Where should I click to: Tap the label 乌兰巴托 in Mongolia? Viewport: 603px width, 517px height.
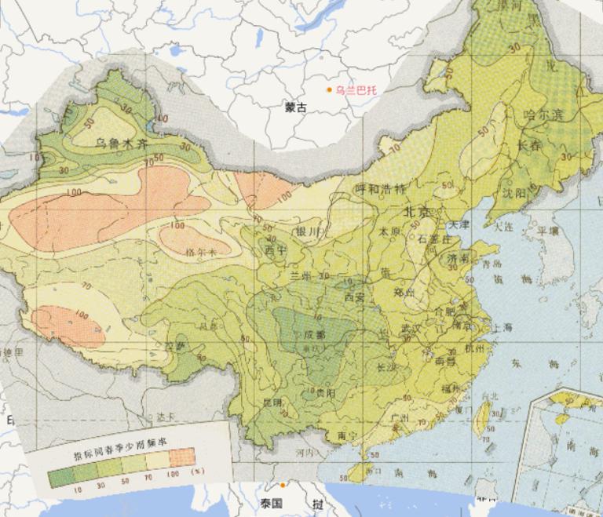(x=356, y=90)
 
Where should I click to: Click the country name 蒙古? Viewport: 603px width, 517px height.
(x=296, y=108)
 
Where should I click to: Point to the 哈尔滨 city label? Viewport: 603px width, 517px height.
(x=544, y=115)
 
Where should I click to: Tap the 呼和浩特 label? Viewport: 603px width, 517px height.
(x=379, y=189)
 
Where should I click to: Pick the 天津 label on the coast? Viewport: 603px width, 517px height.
(x=459, y=225)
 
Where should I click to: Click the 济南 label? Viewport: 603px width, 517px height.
(x=458, y=257)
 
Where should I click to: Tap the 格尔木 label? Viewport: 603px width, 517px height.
(x=200, y=251)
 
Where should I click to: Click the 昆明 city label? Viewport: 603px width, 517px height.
(x=272, y=403)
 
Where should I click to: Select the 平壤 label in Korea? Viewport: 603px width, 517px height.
(x=547, y=231)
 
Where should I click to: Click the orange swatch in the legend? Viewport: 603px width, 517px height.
(x=181, y=456)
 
